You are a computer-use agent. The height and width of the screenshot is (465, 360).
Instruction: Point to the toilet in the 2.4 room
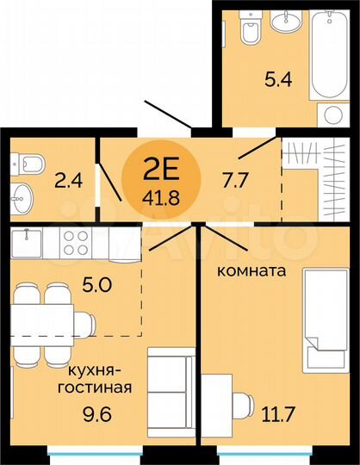(x=25, y=160)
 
